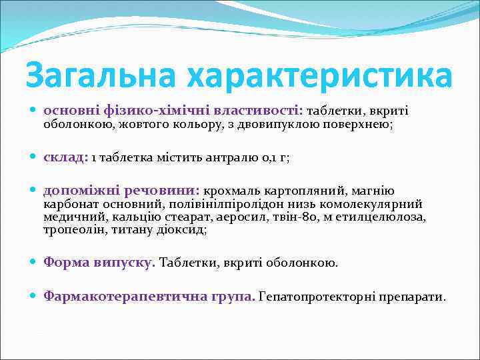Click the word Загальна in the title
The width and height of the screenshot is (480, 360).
(x=101, y=75)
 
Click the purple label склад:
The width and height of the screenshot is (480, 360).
(x=65, y=157)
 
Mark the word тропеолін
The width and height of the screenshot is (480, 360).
(x=70, y=229)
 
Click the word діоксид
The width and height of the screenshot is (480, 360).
(x=185, y=229)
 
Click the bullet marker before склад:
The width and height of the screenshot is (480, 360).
(x=34, y=158)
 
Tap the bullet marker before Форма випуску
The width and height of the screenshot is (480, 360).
(x=34, y=263)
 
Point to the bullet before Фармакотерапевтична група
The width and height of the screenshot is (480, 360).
(x=34, y=296)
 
